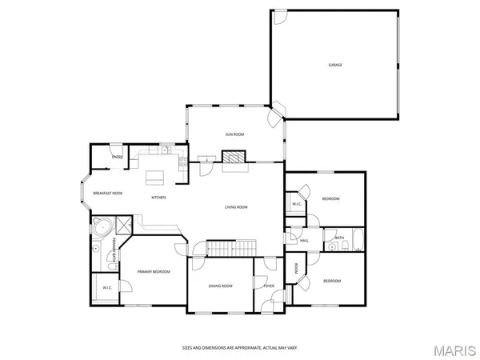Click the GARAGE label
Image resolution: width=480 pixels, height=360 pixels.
coord(335,65)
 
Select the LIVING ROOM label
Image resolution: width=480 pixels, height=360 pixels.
coord(236,207)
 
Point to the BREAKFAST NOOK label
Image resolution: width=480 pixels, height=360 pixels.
coord(107,194)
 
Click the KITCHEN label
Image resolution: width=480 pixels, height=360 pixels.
coord(159,198)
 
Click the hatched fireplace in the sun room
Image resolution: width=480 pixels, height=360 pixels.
coord(234,158)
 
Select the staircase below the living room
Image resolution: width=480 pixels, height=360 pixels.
coord(232,248)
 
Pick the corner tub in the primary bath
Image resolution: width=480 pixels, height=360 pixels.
coord(102,227)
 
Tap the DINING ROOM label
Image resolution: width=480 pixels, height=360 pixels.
coord(220,286)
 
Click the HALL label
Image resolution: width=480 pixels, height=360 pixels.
coord(304,241)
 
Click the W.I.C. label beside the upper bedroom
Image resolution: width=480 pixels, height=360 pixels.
coord(295,204)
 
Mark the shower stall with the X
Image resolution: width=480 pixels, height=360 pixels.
coord(124,225)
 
